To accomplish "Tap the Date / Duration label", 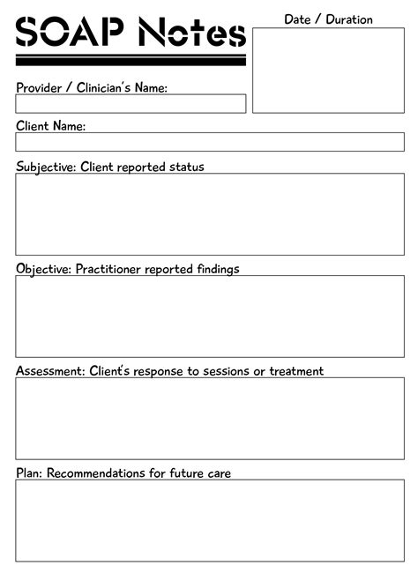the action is click(328, 19).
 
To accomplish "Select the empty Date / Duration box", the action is click(328, 71).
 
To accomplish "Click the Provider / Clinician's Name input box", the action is click(131, 103).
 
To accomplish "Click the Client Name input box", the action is click(210, 142).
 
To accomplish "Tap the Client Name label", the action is click(50, 126).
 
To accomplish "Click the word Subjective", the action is click(45, 167).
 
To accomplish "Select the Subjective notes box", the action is click(210, 214).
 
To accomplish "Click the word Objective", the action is click(42, 269).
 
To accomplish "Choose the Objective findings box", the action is click(210, 316).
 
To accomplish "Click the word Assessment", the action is click(49, 371).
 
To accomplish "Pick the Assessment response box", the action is click(210, 418).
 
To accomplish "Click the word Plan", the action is click(28, 473).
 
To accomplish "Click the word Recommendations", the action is click(96, 473).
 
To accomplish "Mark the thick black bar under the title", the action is click(131, 61).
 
